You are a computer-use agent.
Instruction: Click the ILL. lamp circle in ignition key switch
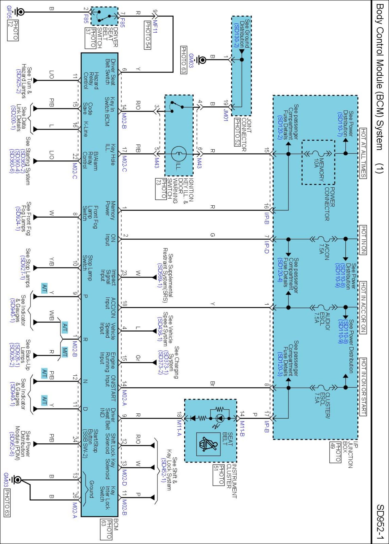coord(179,154)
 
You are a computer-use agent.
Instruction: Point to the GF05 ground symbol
coord(19,12)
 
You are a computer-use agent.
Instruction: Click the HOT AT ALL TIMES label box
coord(363,153)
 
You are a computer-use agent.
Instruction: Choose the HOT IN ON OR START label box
coord(363,387)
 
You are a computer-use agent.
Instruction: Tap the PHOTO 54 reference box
coord(147,35)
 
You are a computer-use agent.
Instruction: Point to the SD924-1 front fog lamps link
coord(18,218)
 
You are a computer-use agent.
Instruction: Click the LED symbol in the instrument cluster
coord(220,418)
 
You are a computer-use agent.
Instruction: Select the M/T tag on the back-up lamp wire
coord(64,352)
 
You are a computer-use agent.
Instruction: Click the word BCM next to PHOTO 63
coord(116,524)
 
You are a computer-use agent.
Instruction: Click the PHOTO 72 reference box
coord(13,30)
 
